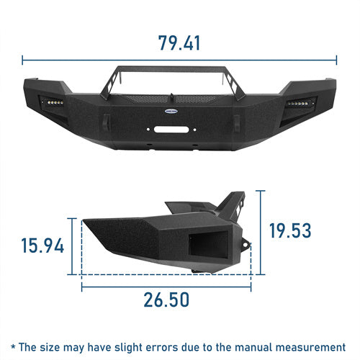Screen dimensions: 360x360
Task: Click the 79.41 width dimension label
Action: [179, 43]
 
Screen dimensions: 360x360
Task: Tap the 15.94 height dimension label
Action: [42, 246]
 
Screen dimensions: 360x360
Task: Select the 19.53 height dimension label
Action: [290, 230]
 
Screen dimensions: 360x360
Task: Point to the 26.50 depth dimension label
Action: [166, 300]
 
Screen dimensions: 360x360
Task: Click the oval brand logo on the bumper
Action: [171, 111]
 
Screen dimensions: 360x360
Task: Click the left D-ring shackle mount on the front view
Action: [107, 122]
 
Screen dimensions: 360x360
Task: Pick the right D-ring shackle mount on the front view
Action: [237, 123]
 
